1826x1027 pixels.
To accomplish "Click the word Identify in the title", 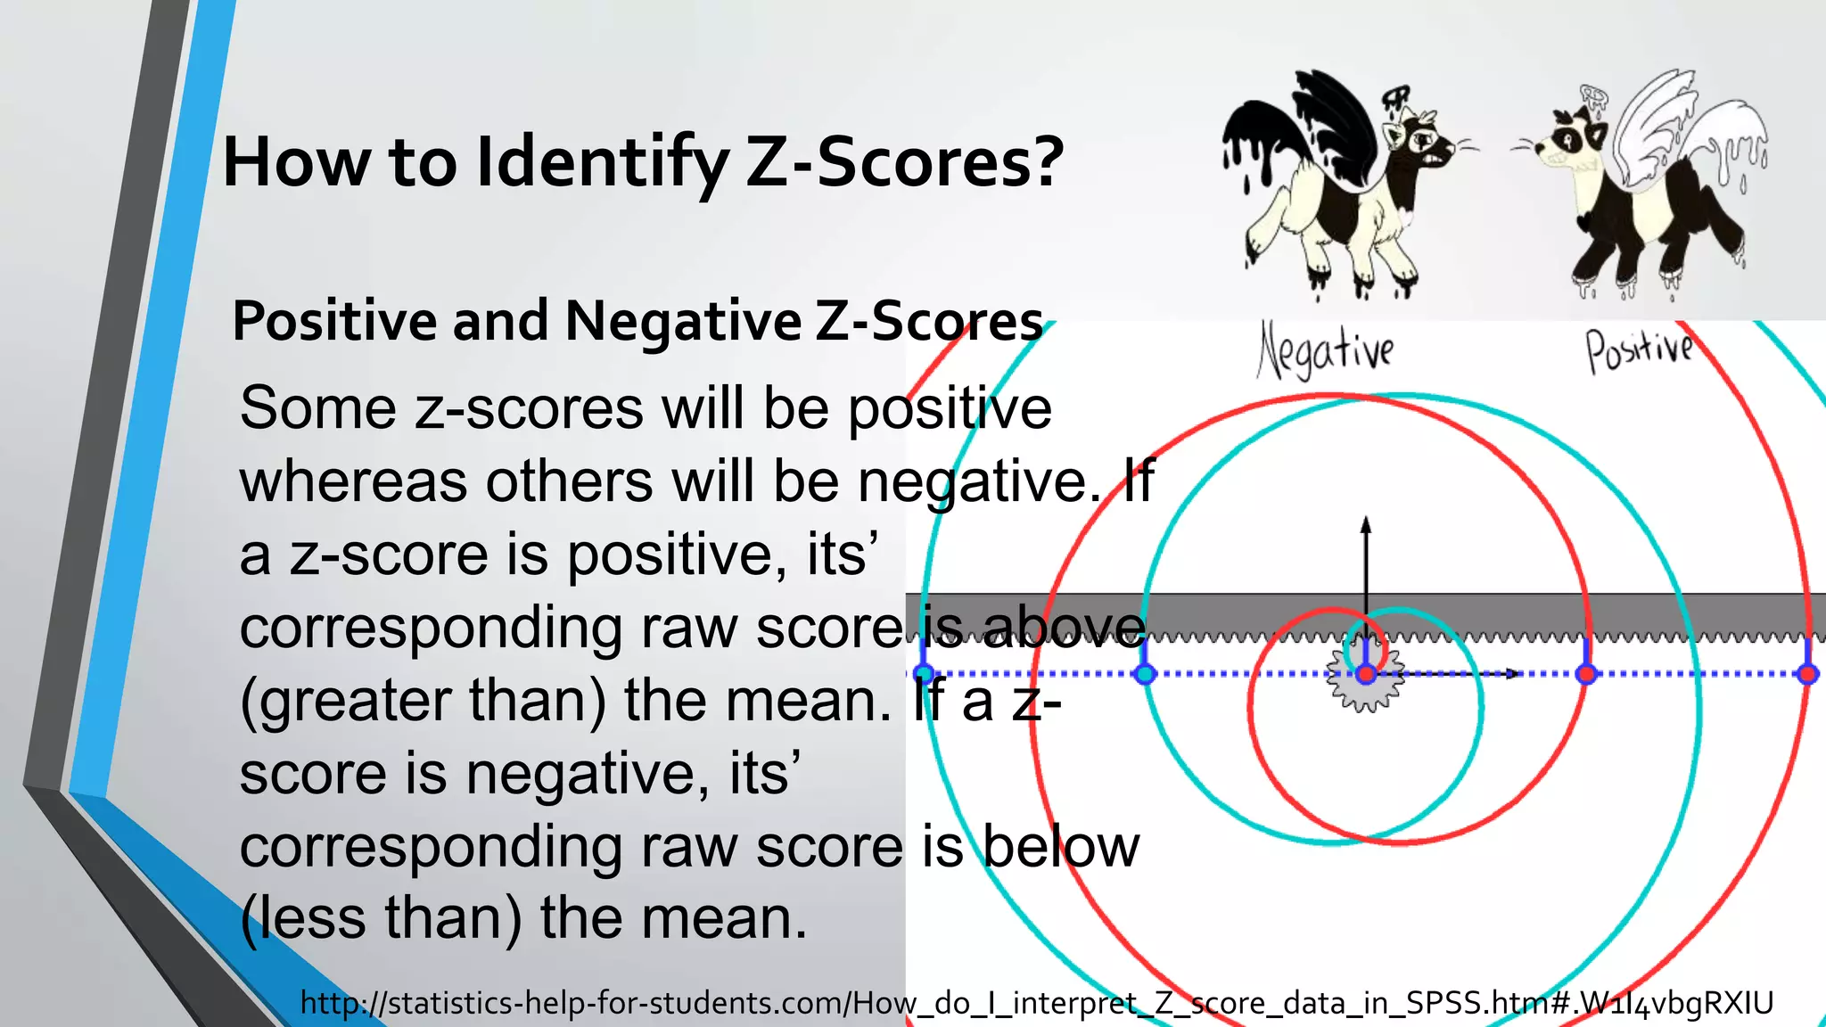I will [603, 163].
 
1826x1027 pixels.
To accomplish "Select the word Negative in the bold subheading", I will [683, 321].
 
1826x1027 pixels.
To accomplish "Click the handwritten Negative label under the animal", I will [1326, 350].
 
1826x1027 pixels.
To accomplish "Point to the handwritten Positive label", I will [1640, 349].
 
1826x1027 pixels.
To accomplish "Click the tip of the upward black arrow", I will [1365, 521].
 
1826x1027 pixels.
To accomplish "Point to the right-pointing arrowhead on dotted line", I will [1513, 674].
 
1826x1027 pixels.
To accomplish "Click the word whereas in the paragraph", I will [354, 481].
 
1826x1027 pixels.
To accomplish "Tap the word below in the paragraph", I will [1061, 847].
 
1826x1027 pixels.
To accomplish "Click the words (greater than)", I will [424, 701].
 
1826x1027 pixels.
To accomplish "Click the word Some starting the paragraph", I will [317, 409].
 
